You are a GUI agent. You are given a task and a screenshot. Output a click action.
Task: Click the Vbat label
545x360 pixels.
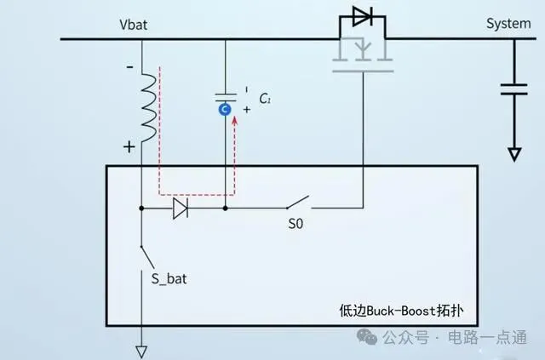[x=135, y=23]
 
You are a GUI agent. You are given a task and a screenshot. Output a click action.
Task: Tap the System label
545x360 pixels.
[x=508, y=23]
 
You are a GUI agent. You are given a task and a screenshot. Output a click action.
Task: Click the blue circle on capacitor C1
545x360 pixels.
[x=225, y=109]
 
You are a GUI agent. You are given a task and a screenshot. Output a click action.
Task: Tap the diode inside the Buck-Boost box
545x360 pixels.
[x=181, y=207]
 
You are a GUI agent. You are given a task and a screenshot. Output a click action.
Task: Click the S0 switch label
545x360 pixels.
[x=295, y=227]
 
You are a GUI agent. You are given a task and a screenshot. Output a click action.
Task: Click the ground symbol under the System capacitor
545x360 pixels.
[x=513, y=154]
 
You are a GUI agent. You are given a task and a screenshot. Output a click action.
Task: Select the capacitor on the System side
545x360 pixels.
[x=513, y=89]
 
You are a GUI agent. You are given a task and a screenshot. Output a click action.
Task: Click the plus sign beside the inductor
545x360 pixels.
[x=129, y=146]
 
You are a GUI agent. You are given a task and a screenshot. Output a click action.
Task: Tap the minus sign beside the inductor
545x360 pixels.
[x=130, y=66]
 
